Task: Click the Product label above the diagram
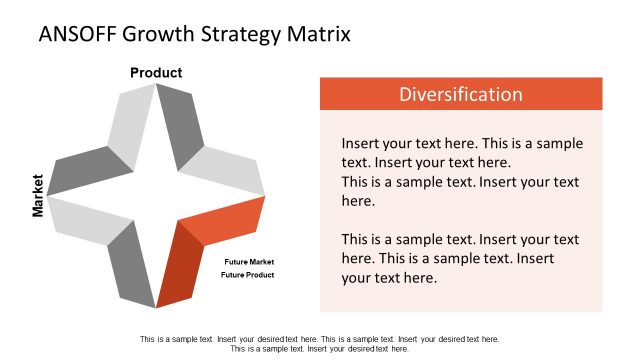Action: [x=156, y=72]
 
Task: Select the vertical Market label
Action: [x=38, y=195]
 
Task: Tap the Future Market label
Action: [x=249, y=262]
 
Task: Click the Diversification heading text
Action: [x=460, y=95]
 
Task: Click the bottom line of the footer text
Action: [x=320, y=349]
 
